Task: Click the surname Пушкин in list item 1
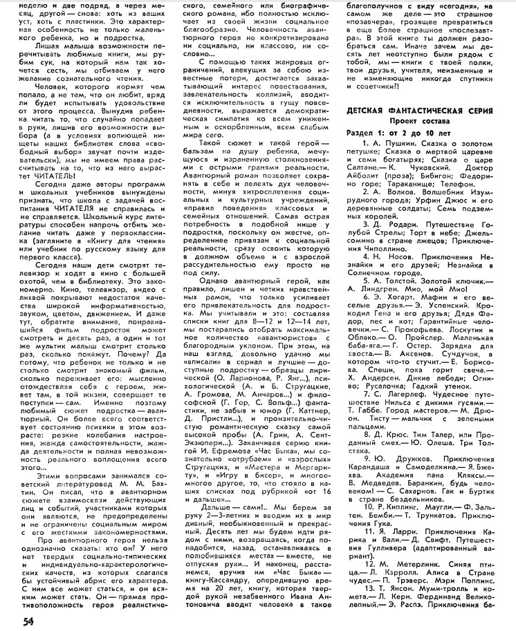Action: tap(404, 142)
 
